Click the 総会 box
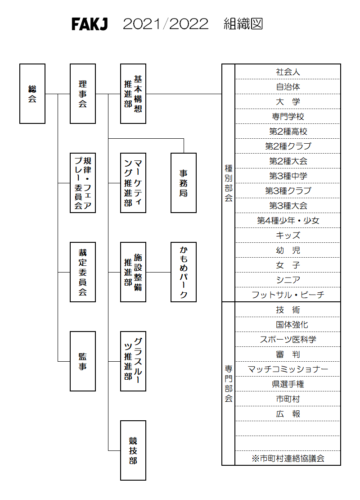tap(32, 94)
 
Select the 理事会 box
tap(83, 94)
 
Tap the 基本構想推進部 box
tap(133, 94)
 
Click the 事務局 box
tap(184, 183)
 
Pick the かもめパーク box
tap(184, 272)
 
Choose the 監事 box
tap(83, 361)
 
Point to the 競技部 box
tap(133, 450)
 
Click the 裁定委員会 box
tap(83, 272)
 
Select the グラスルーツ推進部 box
tap(133, 361)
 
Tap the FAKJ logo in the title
tap(90, 24)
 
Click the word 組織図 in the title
tap(243, 24)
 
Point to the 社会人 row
tap(288, 72)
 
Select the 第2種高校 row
tap(288, 131)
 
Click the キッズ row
tap(288, 235)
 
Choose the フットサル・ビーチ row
tap(288, 295)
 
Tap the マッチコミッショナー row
tap(288, 369)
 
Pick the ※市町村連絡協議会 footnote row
tap(288, 458)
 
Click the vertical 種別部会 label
tap(229, 183)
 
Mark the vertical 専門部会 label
tap(229, 383)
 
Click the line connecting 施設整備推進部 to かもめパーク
tap(158, 272)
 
